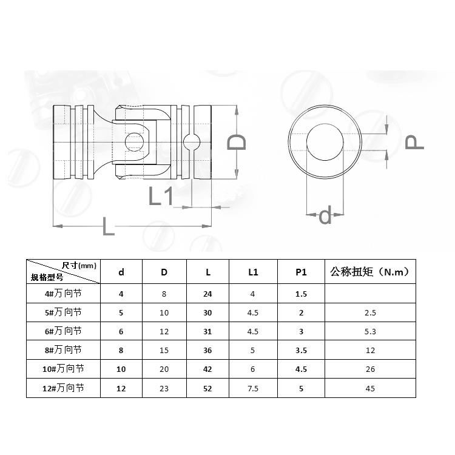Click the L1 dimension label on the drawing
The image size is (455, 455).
coord(162,196)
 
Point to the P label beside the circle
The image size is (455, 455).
coord(414,142)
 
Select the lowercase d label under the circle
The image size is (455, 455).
coord(326,215)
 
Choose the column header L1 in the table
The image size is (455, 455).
coord(253,272)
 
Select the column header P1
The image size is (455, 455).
coord(301,272)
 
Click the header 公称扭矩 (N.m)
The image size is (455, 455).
coord(370,272)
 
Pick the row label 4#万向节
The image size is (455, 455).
coord(62,294)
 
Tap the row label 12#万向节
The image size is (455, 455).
coord(62,388)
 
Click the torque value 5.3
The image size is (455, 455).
coord(370,331)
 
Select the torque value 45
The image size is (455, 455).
coord(370,388)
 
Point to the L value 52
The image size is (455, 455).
coord(208,388)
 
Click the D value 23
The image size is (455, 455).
coord(164,388)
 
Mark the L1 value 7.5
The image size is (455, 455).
coord(253,388)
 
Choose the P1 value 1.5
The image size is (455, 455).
coord(301,294)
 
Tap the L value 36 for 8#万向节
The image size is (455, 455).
coord(208,350)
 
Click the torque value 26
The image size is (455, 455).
coord(370,369)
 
